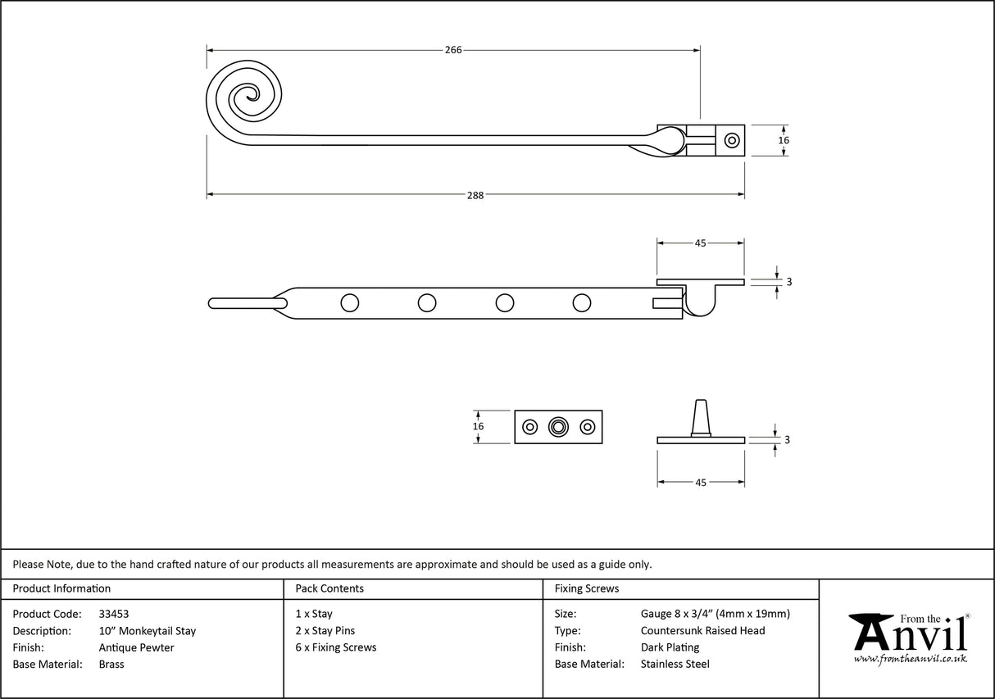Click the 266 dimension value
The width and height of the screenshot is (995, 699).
tap(453, 50)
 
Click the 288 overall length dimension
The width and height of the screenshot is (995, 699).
tap(475, 195)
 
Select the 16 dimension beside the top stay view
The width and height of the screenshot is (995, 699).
tap(784, 140)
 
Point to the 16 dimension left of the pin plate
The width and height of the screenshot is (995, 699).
tap(479, 426)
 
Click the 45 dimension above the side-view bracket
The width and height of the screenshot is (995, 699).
tap(701, 243)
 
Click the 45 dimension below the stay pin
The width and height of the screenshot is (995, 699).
tap(701, 483)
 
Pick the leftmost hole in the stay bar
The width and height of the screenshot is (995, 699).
tap(349, 303)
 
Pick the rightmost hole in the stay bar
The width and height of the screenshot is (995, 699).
tap(582, 303)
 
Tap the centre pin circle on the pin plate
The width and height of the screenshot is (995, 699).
tap(559, 427)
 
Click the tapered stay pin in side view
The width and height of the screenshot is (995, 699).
tap(701, 418)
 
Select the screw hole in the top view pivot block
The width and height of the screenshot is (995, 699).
tap(730, 140)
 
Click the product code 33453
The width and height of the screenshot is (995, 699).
tap(113, 614)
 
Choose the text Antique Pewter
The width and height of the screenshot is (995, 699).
tap(136, 647)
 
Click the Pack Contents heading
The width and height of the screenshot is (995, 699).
tap(329, 588)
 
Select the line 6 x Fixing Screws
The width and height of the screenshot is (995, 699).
tap(336, 647)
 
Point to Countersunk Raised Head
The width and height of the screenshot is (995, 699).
tap(702, 630)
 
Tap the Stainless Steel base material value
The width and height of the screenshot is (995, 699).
tap(675, 665)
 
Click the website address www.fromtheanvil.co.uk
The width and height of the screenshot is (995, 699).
tap(910, 660)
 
